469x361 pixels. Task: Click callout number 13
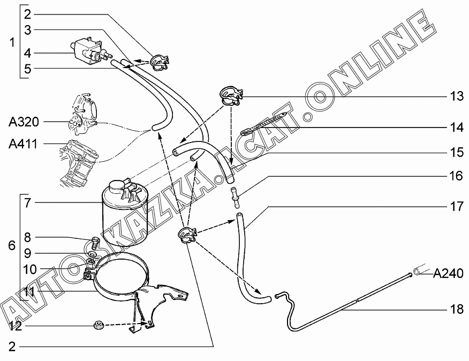pos(456,96)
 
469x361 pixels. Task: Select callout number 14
pos(456,128)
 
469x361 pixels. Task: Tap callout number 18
pos(456,310)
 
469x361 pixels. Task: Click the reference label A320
pos(24,122)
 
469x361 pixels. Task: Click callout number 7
pos(28,202)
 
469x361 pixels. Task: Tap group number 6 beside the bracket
pos(12,246)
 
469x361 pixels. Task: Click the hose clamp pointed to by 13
pos(231,96)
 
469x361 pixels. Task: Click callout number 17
pos(456,207)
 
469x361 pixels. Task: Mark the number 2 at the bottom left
pos(12,346)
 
